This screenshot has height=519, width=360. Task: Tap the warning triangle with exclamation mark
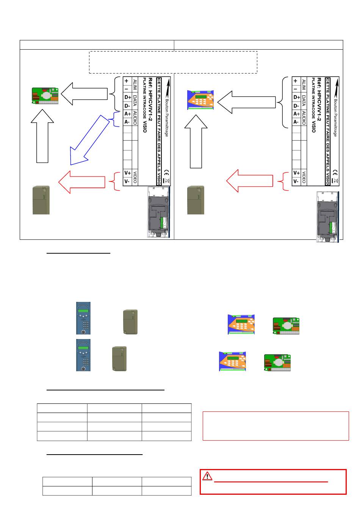(207, 476)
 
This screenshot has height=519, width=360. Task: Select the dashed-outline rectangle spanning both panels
(173, 62)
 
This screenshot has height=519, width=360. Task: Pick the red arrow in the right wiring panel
(250, 181)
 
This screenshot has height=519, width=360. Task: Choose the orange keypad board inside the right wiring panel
(201, 100)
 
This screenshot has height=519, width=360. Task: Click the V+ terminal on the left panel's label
(128, 173)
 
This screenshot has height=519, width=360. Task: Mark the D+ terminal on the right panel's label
(296, 97)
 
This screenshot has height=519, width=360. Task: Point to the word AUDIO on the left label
(135, 118)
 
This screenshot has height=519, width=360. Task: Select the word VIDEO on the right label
(304, 177)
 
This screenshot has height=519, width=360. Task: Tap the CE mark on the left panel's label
(165, 172)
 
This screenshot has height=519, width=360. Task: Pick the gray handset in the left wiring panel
(41, 200)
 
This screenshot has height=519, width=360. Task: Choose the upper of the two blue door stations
(83, 318)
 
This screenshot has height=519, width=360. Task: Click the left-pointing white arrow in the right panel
(247, 102)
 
